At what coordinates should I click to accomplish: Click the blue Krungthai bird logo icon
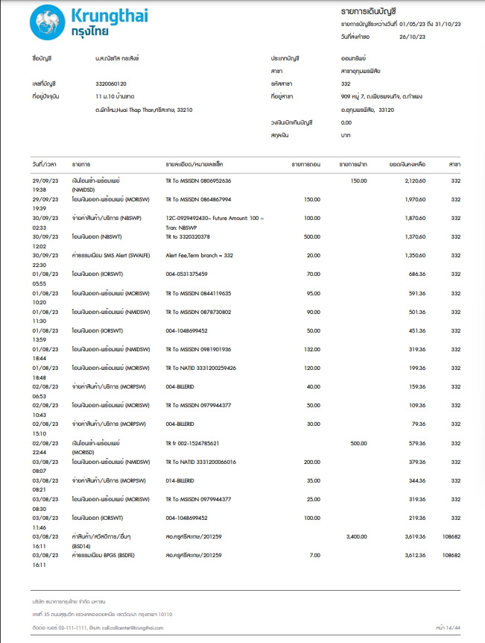[x=47, y=22]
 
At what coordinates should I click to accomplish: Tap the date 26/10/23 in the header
[x=412, y=36]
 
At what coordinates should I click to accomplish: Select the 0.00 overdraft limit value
[x=346, y=122]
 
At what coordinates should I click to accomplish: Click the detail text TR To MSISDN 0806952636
[x=198, y=181]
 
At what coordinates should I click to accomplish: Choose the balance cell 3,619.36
[x=412, y=536]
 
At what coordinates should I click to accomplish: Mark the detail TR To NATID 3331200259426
[x=201, y=368]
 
